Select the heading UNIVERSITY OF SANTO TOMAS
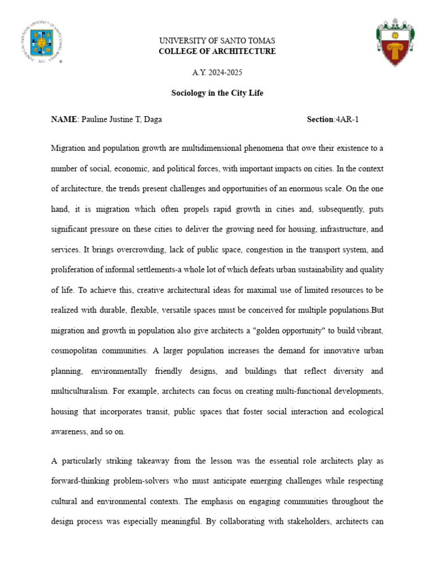217,41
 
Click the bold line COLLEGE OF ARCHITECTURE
217,51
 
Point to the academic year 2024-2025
217,73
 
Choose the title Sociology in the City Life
217,93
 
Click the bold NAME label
63,119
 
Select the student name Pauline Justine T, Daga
121,119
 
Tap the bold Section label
320,119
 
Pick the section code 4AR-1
347,119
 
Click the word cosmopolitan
76,351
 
